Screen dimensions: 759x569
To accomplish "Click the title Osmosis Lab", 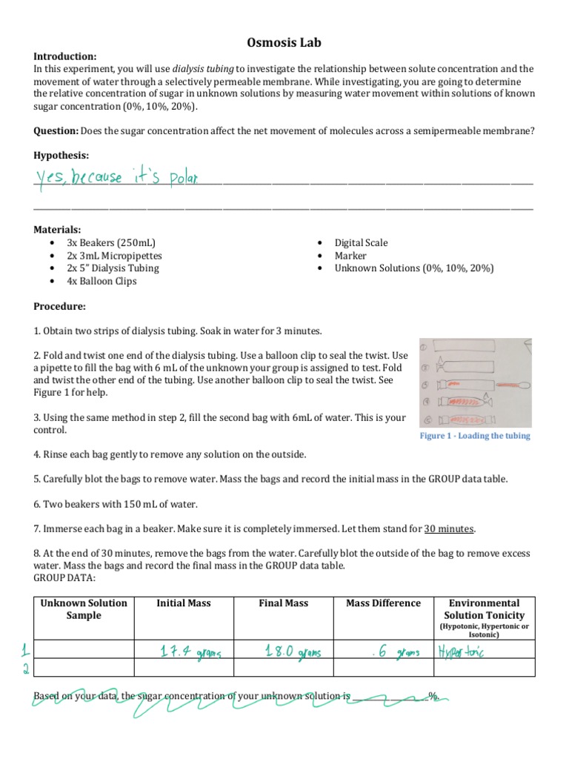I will pos(284,43).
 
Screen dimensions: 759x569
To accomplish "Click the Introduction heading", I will pos(65,56).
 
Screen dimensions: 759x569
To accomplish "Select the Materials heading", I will pos(58,230).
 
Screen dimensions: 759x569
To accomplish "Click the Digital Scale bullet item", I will pos(361,243).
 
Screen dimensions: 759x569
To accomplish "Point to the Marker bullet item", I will pos(350,256).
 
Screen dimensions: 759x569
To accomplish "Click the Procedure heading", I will pos(60,306).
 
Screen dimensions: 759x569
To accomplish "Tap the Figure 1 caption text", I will pos(475,436).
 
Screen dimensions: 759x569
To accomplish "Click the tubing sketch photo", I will pos(474,381).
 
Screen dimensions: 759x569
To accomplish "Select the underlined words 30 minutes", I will pos(449,528).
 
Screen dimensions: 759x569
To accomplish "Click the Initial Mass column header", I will pos(184,603).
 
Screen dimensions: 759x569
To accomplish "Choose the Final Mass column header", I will pos(283,603).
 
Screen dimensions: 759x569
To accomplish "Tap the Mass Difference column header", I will pos(383,603).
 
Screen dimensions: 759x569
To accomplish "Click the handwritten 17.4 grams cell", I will pos(182,652).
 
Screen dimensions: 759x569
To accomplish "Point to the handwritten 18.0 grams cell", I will pos(283,652).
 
